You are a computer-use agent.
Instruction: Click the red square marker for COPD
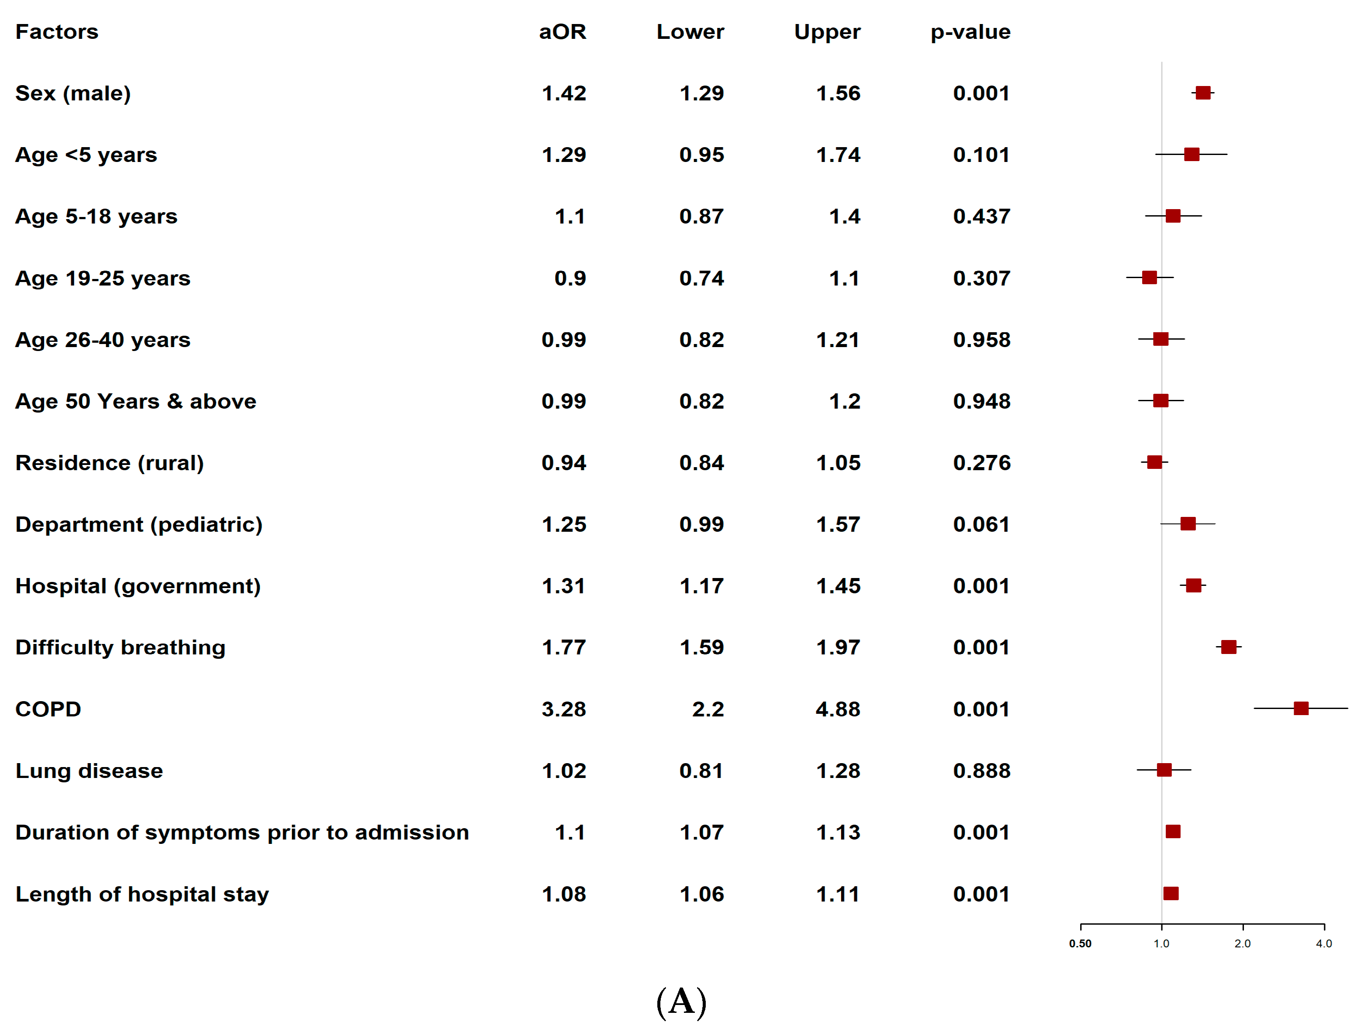pos(1300,708)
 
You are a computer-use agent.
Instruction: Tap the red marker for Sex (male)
pos(1202,93)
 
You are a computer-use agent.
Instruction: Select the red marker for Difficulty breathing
pos(1229,647)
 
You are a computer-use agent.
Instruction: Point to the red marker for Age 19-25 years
pos(1150,278)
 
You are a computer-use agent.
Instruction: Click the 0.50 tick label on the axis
pos(1080,944)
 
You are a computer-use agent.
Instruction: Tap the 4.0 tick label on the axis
pos(1324,944)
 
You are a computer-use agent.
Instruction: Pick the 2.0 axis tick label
pos(1242,944)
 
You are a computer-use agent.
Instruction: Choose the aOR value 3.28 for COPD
pos(563,709)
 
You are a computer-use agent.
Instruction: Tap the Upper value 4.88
pos(838,709)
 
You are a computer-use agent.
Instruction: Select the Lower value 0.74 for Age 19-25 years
pos(701,278)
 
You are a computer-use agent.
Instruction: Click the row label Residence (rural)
pos(110,463)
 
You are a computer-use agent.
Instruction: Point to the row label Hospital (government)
pos(138,586)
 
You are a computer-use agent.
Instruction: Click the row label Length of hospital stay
pos(142,894)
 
